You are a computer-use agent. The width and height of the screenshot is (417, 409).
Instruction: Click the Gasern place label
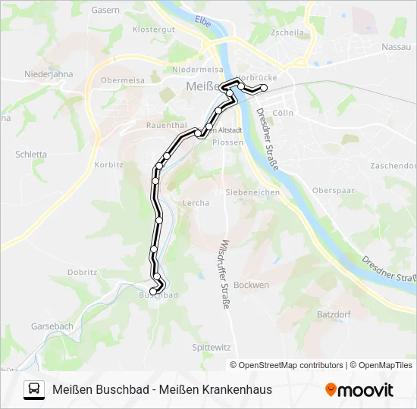click(x=105, y=11)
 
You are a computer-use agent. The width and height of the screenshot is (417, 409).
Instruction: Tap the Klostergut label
click(x=154, y=30)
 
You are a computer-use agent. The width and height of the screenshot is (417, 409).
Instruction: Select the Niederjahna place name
click(x=49, y=74)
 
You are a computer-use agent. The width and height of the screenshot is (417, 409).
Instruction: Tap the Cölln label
click(x=282, y=112)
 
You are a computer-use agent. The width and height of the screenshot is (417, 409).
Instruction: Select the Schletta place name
click(x=30, y=154)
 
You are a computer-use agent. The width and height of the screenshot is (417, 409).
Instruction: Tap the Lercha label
click(x=196, y=203)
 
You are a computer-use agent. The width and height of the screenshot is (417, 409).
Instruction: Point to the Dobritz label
click(x=82, y=272)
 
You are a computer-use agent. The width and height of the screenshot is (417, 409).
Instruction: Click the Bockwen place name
click(x=252, y=285)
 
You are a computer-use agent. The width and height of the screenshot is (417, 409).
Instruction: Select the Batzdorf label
click(x=332, y=313)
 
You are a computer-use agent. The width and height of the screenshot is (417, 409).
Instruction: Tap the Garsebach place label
click(x=52, y=326)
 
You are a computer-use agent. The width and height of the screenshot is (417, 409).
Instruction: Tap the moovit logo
click(x=359, y=390)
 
